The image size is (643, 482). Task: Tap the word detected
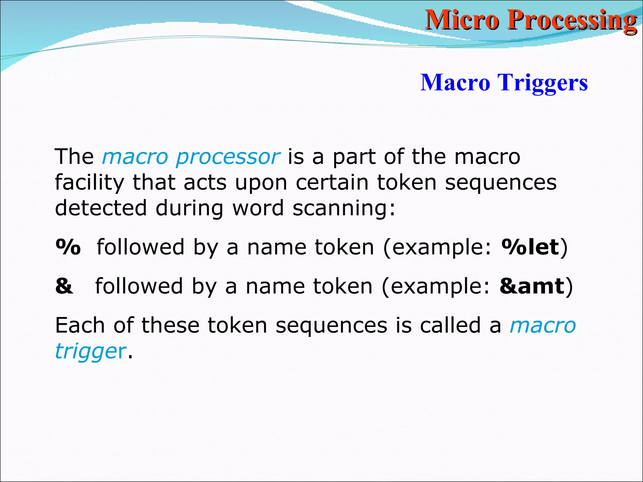point(101,208)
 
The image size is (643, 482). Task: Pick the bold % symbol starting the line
point(68,247)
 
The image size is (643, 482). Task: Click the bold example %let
point(530,247)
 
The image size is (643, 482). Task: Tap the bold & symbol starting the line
point(64,286)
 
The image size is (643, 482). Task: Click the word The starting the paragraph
point(74,157)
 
